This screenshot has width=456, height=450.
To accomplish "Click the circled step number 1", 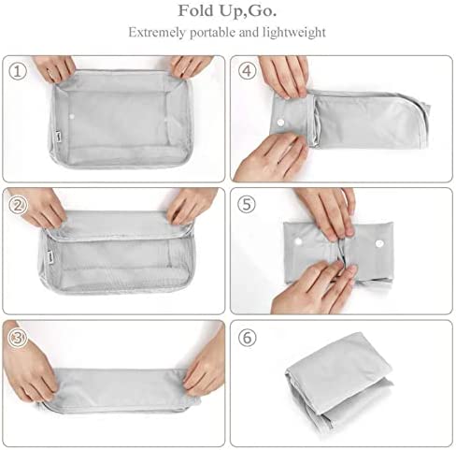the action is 18,71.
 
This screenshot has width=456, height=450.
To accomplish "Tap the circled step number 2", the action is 18,205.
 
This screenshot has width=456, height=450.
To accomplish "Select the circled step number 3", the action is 18,339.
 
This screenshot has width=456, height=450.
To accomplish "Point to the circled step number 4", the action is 247,71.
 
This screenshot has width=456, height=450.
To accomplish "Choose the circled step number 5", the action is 247,204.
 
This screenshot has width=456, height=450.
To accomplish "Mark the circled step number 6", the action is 248,338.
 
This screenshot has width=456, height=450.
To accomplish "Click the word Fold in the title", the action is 195,10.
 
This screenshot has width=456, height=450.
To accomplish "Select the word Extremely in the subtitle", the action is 157,33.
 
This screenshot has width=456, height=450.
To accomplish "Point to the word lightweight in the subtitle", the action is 294,33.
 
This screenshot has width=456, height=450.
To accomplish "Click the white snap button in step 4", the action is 280,122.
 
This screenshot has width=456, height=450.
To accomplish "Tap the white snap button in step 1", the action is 72,117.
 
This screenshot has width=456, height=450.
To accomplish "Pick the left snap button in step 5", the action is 298,241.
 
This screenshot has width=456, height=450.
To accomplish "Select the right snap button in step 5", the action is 379,243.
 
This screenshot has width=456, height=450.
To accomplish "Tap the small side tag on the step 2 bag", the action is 50,254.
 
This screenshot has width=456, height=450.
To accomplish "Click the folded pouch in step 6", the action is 339,381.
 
